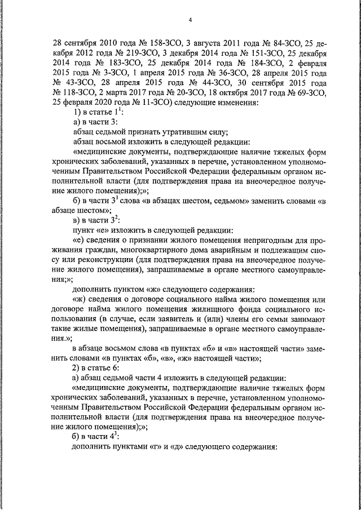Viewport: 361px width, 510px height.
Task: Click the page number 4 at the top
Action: [x=190, y=21]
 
